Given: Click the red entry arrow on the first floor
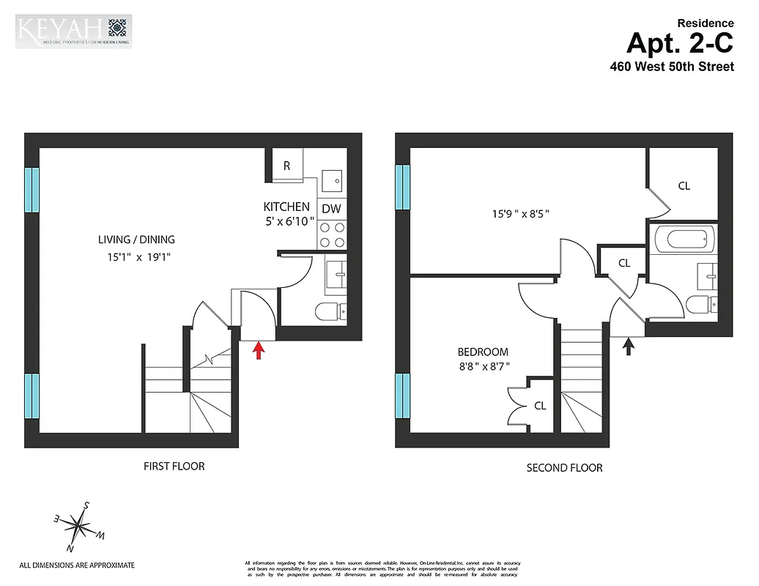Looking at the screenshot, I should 257,351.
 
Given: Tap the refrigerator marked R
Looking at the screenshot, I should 286,166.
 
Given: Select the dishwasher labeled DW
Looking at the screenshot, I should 332,209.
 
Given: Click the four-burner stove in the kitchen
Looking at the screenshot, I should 332,234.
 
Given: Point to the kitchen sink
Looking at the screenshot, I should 332,180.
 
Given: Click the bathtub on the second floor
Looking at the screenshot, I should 683,239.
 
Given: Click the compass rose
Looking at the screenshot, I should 78,524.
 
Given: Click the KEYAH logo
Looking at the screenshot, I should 73,31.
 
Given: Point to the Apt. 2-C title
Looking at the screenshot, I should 679,44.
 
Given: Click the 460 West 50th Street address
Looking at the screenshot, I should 672,66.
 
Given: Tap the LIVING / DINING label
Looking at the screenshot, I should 136,240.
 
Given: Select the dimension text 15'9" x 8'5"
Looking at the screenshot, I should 520,214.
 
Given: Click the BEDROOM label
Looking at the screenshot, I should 483,352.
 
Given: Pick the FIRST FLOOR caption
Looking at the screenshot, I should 174,466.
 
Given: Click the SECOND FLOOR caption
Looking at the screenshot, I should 564,467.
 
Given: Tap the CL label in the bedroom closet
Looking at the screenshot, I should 540,405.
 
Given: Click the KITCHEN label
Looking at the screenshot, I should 286,207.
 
